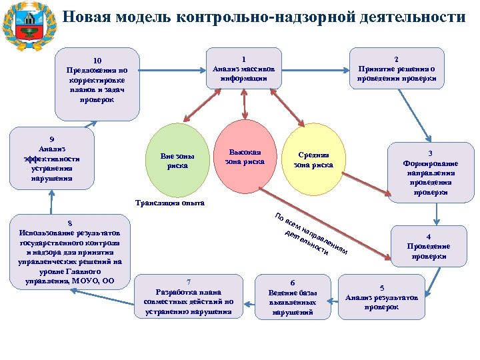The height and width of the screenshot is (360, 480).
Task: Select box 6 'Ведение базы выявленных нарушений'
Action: (x=292, y=297)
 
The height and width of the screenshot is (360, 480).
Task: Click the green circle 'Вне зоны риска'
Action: (x=178, y=161)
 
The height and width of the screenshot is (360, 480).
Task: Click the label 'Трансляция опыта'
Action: (x=169, y=202)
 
